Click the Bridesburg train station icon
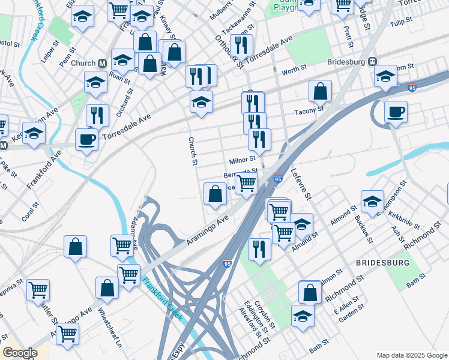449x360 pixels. (372, 62)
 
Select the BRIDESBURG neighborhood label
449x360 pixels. (383, 263)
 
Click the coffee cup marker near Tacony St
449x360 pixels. (396, 112)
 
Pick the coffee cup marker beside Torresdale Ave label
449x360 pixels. (87, 140)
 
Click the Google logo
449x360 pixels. (19, 353)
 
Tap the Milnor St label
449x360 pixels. (243, 160)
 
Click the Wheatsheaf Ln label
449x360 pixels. (110, 329)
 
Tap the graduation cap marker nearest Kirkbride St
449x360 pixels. (372, 202)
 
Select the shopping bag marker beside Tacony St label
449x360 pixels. (321, 91)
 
